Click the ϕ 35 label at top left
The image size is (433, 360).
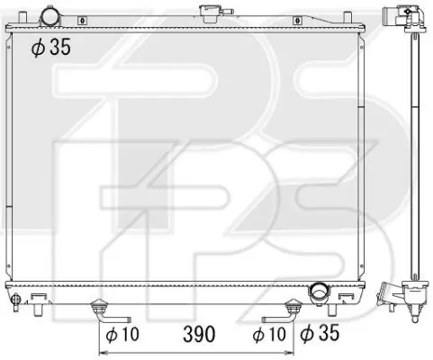pos(51,47)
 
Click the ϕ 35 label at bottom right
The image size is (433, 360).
pos(320,333)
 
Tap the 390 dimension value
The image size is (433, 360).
pos(199,334)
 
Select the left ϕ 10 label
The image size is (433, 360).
pos(122,334)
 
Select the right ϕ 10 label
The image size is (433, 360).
pos(269,334)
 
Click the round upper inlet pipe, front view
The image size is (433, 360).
pos(50,16)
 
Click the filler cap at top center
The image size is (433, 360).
pos(208,13)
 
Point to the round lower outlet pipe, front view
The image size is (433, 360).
pos(319,292)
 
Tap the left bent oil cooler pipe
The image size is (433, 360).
pos(108,313)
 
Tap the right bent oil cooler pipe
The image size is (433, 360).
pos(282,313)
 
